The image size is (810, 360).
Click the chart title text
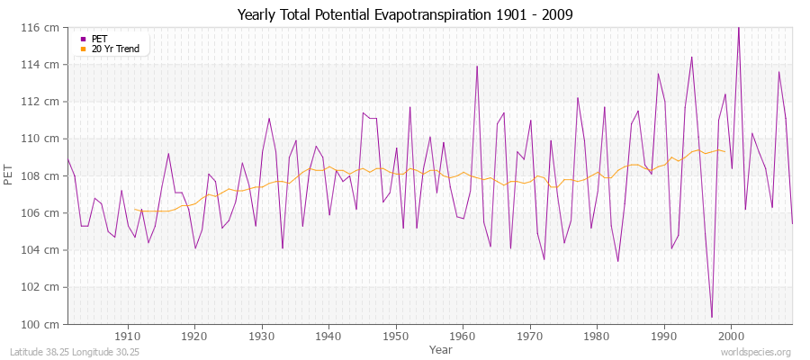404,14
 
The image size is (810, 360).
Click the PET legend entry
99,39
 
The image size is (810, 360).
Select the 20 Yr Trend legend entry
115,49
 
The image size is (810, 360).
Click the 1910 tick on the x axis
128,336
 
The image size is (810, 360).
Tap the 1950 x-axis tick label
395,336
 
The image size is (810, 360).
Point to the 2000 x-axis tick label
731,336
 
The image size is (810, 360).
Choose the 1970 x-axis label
529,336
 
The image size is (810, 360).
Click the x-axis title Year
441,348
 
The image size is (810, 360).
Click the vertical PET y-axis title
10,175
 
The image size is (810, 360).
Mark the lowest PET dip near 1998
711,317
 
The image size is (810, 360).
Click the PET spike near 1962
477,67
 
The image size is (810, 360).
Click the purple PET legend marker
83,39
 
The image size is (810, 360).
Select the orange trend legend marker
83,49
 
